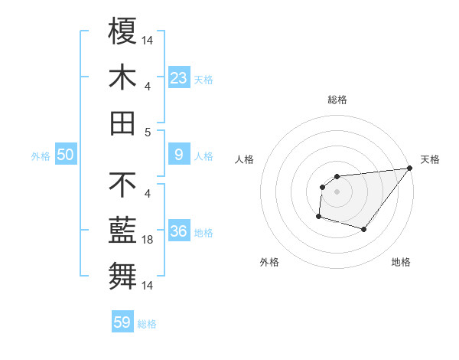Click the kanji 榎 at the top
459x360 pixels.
[123, 31]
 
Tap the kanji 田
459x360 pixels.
[123, 123]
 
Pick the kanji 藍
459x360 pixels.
[123, 230]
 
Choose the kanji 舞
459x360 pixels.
[123, 276]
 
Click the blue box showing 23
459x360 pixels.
[179, 77]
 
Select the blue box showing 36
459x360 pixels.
[179, 231]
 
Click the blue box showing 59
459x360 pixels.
[122, 322]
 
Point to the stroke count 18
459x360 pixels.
[148, 240]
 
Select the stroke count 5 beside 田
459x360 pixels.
[148, 131]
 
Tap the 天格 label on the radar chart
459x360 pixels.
[430, 159]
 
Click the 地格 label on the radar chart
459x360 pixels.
[401, 262]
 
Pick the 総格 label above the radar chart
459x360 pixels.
[337, 100]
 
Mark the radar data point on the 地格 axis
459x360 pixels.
[364, 229]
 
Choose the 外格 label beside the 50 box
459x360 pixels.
[41, 156]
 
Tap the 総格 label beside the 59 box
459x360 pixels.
[147, 323]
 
